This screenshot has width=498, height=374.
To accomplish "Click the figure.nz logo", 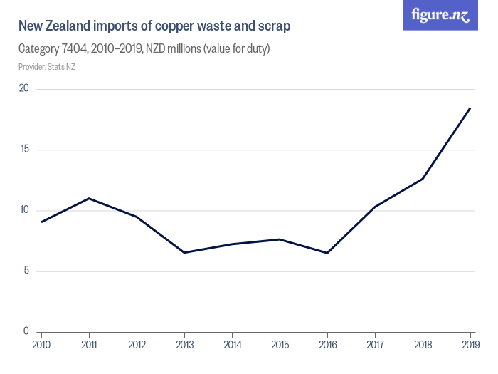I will [440, 15].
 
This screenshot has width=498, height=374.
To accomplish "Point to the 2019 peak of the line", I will [470, 108].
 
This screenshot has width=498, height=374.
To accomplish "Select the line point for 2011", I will [89, 198].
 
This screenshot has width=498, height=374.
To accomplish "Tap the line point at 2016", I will [327, 253].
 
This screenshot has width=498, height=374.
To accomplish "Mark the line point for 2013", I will [184, 252].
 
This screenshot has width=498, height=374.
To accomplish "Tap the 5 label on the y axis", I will [26, 271].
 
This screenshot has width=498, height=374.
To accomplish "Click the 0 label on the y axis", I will [26, 331].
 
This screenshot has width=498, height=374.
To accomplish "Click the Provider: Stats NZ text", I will [46, 67].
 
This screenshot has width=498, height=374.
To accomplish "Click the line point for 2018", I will [423, 179].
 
